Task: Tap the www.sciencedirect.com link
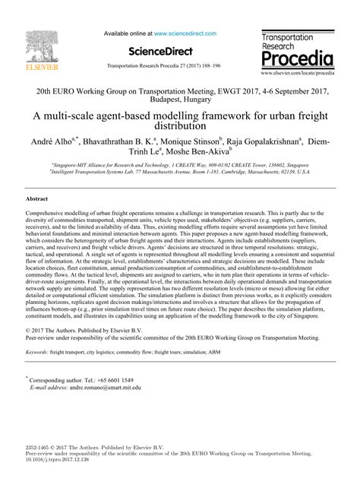click(185, 33)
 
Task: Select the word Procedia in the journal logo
click(296, 58)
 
